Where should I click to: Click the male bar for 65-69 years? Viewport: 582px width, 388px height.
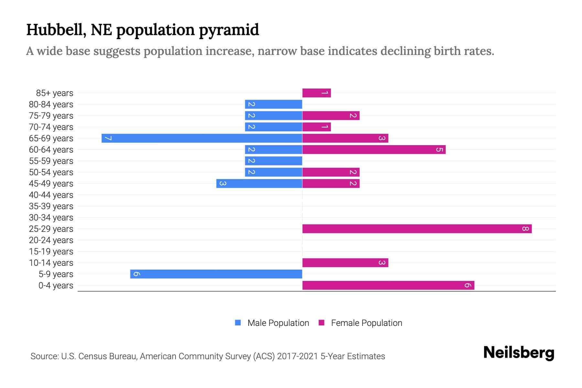click(x=202, y=138)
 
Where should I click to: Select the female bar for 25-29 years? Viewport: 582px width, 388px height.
click(x=417, y=229)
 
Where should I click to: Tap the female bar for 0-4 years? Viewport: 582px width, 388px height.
click(x=388, y=286)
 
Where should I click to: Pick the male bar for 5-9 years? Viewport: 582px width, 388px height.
click(x=216, y=274)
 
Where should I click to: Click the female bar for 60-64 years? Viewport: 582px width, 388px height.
click(x=374, y=150)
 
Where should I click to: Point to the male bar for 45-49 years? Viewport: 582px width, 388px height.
click(x=259, y=184)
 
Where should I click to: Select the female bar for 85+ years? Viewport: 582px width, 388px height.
click(x=317, y=93)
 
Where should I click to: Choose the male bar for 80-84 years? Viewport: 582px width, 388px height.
click(x=274, y=104)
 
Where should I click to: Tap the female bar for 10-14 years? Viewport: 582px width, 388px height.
click(x=345, y=263)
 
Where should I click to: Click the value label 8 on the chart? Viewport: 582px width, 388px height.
click(x=525, y=229)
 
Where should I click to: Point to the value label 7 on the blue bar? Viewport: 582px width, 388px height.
click(x=108, y=138)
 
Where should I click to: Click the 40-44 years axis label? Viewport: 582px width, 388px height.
click(x=51, y=195)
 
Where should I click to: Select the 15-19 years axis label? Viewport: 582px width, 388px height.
click(x=51, y=252)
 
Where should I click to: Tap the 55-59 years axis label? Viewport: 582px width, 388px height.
click(x=51, y=161)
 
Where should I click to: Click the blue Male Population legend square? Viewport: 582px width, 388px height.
click(x=238, y=323)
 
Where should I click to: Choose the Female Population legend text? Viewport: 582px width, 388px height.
click(x=366, y=323)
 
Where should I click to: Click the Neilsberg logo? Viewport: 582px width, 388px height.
click(x=519, y=353)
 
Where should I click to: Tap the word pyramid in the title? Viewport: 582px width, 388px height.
click(x=229, y=30)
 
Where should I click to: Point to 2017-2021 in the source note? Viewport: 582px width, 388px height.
click(x=297, y=356)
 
